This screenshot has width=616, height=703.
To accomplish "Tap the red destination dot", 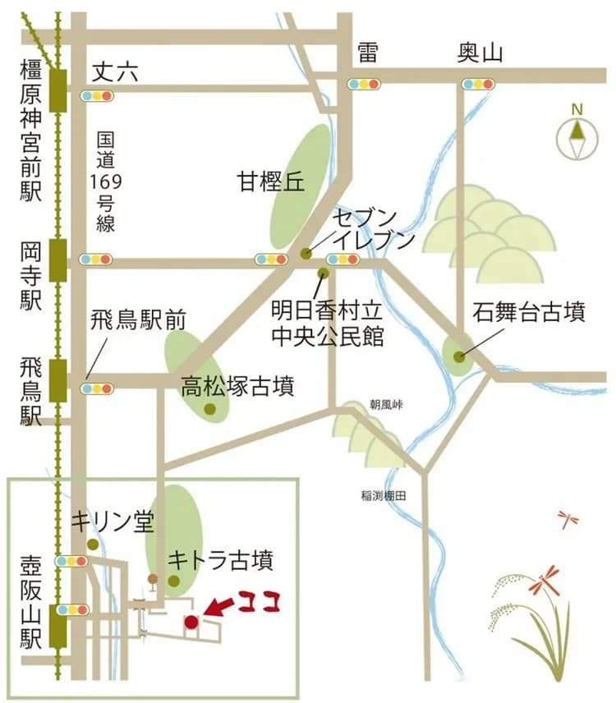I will click(191, 622).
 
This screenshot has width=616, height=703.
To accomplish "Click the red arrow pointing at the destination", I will click(217, 608).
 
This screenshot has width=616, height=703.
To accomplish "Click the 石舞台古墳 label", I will click(530, 313).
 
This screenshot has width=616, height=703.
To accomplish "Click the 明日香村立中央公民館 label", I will click(328, 324).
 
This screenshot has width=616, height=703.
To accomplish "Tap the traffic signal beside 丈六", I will click(97, 96).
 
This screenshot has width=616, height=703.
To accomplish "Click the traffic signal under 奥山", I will click(478, 83).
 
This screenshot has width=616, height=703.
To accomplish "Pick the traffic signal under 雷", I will click(365, 83).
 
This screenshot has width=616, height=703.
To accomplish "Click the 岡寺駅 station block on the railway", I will click(57, 260).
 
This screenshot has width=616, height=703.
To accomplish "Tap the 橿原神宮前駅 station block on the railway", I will click(57, 90).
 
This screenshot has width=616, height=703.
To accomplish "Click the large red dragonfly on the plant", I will click(544, 581).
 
